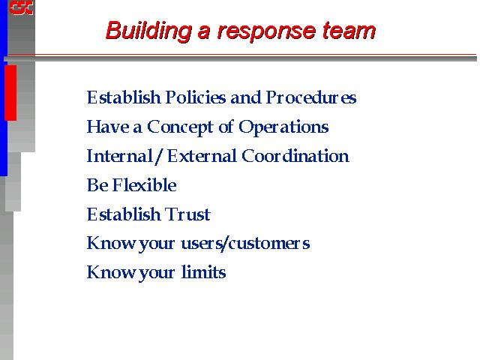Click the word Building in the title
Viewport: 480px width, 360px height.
click(148, 31)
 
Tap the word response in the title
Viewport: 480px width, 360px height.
click(266, 32)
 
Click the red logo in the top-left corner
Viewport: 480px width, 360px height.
click(21, 7)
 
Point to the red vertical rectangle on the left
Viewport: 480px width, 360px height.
click(10, 92)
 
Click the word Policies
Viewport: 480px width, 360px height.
click(196, 97)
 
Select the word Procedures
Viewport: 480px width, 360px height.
click(311, 97)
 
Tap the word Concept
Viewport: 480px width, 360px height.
click(180, 127)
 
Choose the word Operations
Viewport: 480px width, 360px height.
click(283, 127)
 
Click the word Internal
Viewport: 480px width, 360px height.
click(120, 156)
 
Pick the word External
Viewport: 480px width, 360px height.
click(202, 156)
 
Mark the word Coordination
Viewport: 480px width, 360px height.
click(295, 156)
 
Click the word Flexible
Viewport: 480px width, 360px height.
click(145, 185)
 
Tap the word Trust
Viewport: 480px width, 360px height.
click(187, 214)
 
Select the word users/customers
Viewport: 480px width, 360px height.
click(245, 243)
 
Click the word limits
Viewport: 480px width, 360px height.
click(203, 271)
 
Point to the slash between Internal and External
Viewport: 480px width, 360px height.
click(158, 157)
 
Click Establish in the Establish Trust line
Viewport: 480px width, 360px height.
click(124, 214)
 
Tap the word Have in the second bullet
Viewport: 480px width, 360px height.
click(108, 127)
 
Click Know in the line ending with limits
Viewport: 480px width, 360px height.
click(111, 271)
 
